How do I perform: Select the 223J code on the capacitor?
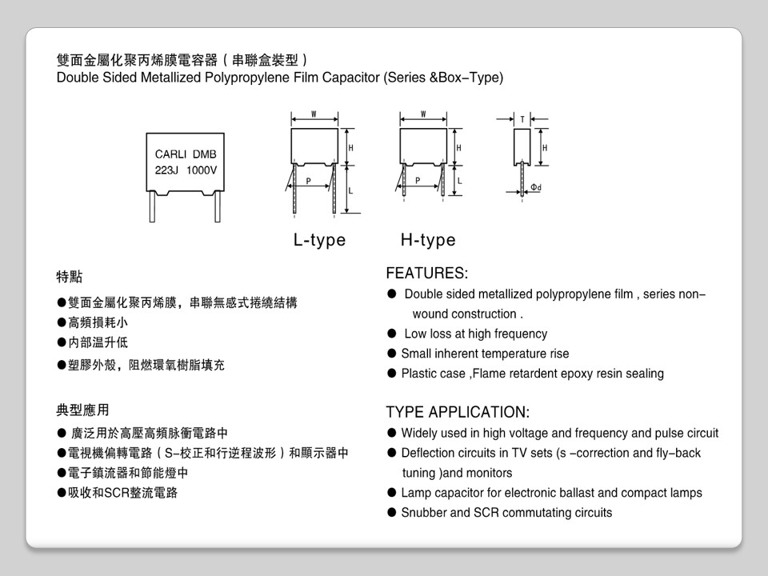point(167,170)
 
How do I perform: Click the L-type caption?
point(319,240)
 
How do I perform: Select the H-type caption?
point(428,240)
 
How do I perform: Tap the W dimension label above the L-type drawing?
point(314,114)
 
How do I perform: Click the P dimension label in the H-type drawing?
point(417,180)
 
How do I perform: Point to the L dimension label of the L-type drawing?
point(350,190)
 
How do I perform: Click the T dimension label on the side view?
point(522,120)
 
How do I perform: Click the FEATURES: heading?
point(427,274)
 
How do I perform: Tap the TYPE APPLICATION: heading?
point(458,413)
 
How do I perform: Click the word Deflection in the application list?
point(428,454)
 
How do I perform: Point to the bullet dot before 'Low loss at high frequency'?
point(392,334)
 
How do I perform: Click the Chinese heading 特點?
point(69,277)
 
